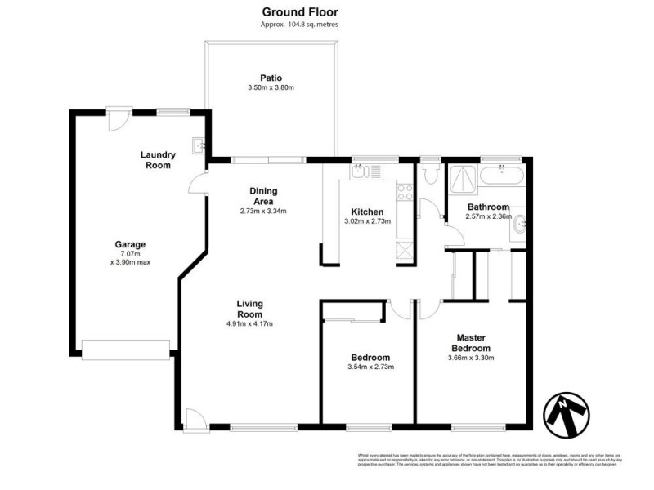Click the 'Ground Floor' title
tap(299, 11)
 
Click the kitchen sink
tap(361, 171)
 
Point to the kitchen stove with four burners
tap(404, 192)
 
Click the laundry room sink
tap(199, 146)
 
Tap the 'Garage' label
tap(130, 244)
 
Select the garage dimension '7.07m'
tap(130, 253)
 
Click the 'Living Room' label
tap(249, 309)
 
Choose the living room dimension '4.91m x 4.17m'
tap(249, 324)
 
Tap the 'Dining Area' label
tap(262, 196)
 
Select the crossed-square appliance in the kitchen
tap(405, 249)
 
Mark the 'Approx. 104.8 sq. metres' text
tap(299, 24)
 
